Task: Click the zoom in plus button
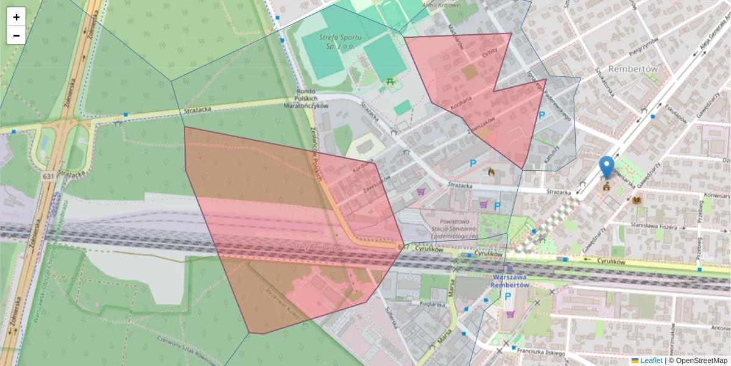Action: [x=16, y=17]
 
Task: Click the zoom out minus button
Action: [x=16, y=35]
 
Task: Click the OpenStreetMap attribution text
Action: [x=700, y=361]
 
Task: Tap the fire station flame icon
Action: [x=491, y=173]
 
